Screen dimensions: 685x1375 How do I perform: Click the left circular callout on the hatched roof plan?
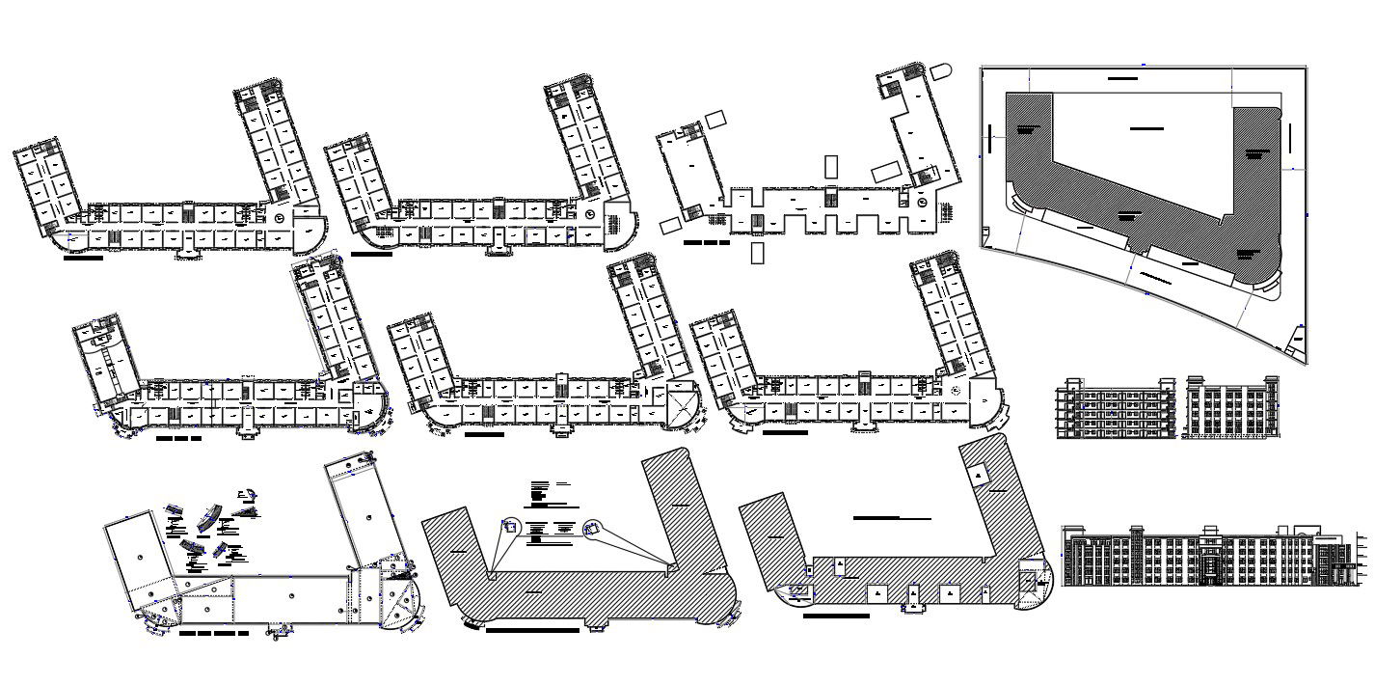510,527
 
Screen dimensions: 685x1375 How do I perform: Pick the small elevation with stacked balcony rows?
1116,409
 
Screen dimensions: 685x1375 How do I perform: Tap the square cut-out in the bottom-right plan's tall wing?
979,474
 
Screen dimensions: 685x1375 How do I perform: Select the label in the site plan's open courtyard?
1146,127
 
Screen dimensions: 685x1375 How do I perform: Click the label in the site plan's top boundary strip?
1122,75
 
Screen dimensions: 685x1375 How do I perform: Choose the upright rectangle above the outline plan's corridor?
831,166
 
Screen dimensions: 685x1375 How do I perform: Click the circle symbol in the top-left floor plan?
279,220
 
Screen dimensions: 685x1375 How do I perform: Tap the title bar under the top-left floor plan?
83,258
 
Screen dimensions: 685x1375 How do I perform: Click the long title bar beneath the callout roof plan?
532,630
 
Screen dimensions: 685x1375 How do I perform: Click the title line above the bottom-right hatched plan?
892,518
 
